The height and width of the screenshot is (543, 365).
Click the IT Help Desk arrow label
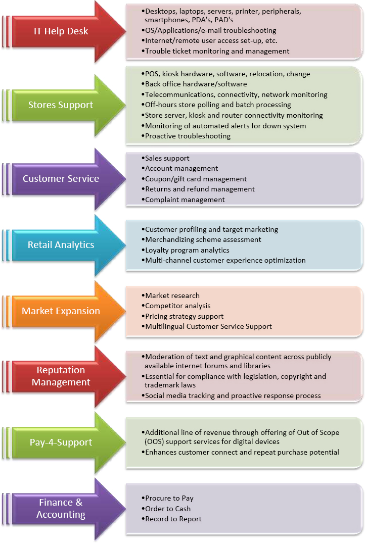click(x=61, y=31)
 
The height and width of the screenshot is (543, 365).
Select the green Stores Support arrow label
click(x=61, y=105)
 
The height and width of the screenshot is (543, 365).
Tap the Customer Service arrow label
click(x=61, y=179)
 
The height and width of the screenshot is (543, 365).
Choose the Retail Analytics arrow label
click(x=61, y=245)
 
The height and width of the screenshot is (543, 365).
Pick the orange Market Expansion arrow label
click(x=61, y=311)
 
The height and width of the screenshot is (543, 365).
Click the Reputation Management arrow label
click(x=61, y=376)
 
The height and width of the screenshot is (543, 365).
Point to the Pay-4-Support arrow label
click(x=61, y=442)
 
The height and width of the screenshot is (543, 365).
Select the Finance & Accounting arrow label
click(x=61, y=509)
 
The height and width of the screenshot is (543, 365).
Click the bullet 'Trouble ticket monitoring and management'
click(x=217, y=51)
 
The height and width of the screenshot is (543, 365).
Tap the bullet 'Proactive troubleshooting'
click(x=188, y=136)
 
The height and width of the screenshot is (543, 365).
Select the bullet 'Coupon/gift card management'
click(x=196, y=179)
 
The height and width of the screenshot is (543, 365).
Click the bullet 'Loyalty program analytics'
click(x=187, y=250)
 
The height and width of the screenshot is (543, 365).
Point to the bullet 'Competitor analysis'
click(x=177, y=306)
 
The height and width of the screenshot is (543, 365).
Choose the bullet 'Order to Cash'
click(x=168, y=509)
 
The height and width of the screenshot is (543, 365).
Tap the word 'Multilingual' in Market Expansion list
click(x=163, y=326)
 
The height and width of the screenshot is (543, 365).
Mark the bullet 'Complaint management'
click(x=185, y=200)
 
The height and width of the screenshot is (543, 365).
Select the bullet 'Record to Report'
click(x=173, y=519)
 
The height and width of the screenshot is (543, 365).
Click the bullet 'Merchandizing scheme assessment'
click(x=203, y=239)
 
